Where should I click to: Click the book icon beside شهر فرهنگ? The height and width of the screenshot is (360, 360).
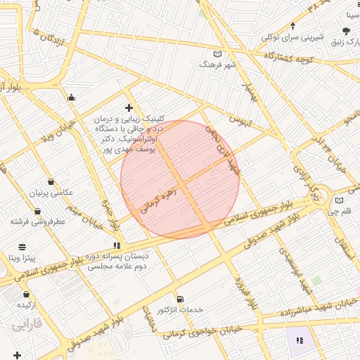(x=217, y=54)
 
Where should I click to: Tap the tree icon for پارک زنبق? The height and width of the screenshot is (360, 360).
(x=346, y=31)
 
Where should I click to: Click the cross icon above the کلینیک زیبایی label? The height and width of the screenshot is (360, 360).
(x=129, y=108)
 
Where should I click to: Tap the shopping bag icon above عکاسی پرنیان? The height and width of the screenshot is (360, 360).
(x=50, y=182)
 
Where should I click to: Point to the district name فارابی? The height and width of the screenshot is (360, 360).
(x=27, y=325)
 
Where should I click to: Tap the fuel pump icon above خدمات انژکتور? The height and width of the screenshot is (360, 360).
(x=180, y=300)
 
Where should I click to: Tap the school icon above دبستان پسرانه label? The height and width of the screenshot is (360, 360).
(x=116, y=245)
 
